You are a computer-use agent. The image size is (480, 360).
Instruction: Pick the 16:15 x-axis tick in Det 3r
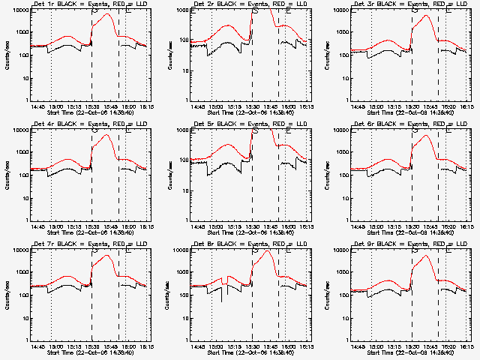(467, 106)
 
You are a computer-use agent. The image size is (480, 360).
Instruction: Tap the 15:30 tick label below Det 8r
(252, 346)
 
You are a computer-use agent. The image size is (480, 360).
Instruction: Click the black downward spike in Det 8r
(221, 301)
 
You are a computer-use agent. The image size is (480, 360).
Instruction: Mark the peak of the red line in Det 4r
(106, 135)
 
